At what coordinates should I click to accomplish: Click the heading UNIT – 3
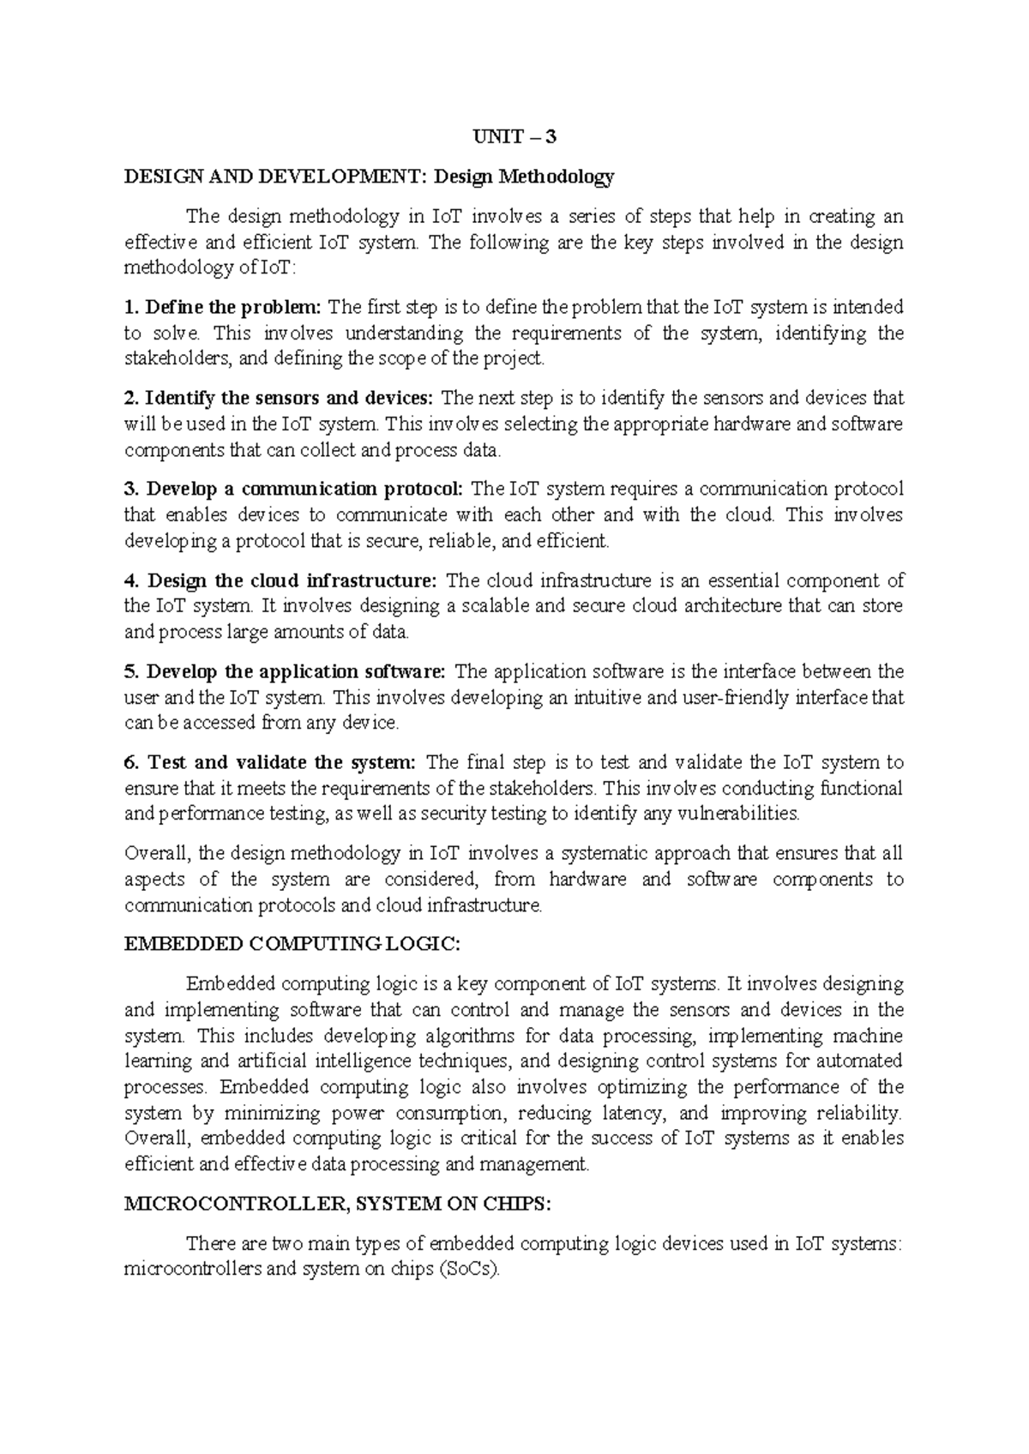click(514, 136)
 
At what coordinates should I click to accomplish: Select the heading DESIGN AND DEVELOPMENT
click(275, 177)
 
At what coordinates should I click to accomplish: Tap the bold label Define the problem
click(233, 307)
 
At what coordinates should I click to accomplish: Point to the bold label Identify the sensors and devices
click(290, 398)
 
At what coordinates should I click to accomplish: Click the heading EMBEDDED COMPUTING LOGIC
click(292, 944)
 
